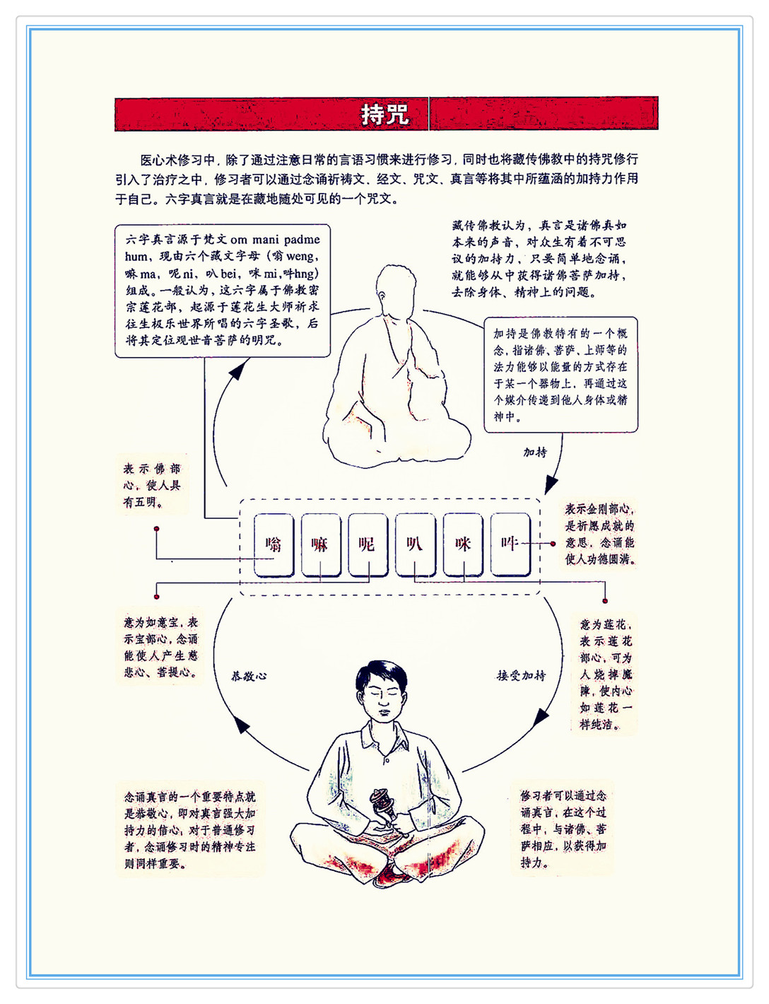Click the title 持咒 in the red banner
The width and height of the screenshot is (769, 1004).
pyautogui.click(x=384, y=114)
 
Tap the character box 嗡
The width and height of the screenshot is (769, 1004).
pyautogui.click(x=274, y=544)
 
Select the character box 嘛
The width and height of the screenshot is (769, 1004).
pyautogui.click(x=321, y=544)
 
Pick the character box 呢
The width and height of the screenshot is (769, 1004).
pyautogui.click(x=368, y=544)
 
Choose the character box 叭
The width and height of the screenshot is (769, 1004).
pyautogui.click(x=415, y=544)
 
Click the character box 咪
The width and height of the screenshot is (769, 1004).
pyautogui.click(x=463, y=544)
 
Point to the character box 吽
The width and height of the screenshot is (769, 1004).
pyautogui.click(x=510, y=544)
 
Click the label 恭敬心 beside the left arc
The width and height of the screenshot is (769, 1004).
pyautogui.click(x=249, y=676)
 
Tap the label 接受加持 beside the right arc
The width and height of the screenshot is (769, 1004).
pyautogui.click(x=521, y=675)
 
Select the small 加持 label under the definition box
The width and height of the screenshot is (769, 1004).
pyautogui.click(x=535, y=452)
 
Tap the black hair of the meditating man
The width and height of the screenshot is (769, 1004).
pyautogui.click(x=381, y=675)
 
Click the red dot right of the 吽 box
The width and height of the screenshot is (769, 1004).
pyautogui.click(x=553, y=544)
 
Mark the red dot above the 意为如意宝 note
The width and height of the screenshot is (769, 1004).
pyautogui.click(x=157, y=597)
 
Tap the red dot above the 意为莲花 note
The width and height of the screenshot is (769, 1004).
pyautogui.click(x=605, y=601)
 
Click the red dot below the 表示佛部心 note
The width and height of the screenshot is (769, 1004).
pyautogui.click(x=157, y=529)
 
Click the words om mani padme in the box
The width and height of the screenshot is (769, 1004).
pyautogui.click(x=275, y=239)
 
